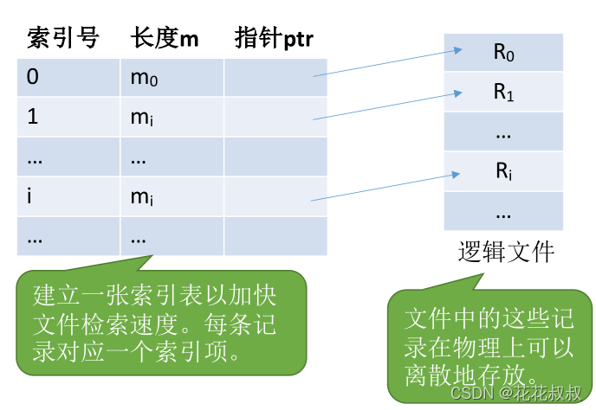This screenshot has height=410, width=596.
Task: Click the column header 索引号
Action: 63,38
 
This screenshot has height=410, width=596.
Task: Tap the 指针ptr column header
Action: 274,38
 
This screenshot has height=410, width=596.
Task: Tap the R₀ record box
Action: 503,52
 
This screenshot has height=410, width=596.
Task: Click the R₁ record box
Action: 503,92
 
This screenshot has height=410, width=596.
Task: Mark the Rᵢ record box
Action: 503,171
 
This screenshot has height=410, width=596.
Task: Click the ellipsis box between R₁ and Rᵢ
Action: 503,131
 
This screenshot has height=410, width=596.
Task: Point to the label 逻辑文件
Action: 505,252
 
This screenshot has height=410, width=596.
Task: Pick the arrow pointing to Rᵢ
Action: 379,184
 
